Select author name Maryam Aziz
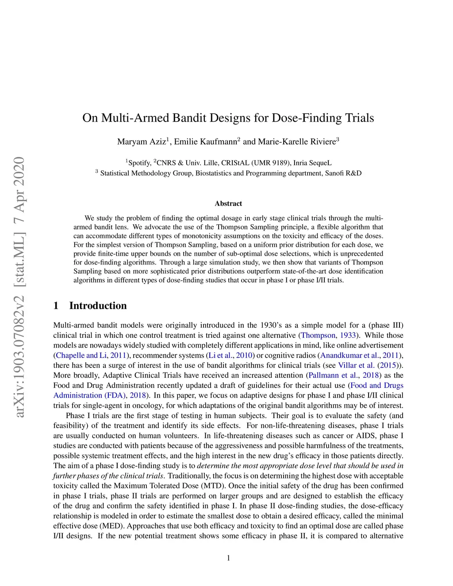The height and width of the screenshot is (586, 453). [x=142, y=142]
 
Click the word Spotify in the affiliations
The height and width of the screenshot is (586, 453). [x=139, y=163]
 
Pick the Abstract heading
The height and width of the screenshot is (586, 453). [x=228, y=204]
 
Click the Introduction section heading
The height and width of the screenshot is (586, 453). [x=98, y=306]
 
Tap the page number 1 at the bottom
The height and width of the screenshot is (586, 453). [x=228, y=558]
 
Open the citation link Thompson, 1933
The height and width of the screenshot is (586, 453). [x=328, y=335]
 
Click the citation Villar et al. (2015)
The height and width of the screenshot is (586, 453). [x=370, y=365]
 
